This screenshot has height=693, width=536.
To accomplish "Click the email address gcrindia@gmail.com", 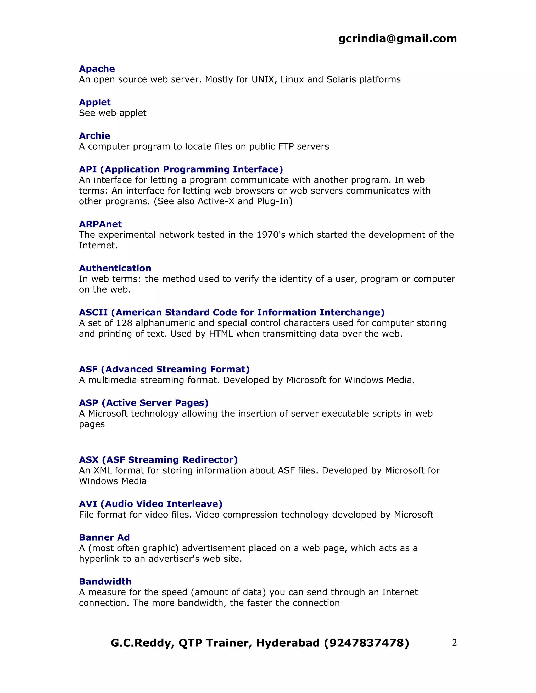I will tap(398, 38).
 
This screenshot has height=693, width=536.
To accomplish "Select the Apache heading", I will tap(97, 69).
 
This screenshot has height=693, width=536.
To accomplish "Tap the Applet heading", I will tap(95, 102).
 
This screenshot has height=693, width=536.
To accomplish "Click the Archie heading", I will tap(94, 136).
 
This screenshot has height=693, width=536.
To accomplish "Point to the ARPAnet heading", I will tap(100, 224).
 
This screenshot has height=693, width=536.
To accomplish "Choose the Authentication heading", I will tap(115, 268).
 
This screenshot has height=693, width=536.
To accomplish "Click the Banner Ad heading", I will tap(104, 537).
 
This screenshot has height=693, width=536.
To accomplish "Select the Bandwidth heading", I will tap(105, 581).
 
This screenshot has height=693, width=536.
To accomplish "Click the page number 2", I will tap(454, 643).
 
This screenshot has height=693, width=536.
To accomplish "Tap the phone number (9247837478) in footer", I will tap(367, 643).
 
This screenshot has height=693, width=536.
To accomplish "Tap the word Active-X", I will tap(216, 201).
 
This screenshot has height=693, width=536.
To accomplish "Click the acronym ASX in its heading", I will tap(89, 460).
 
